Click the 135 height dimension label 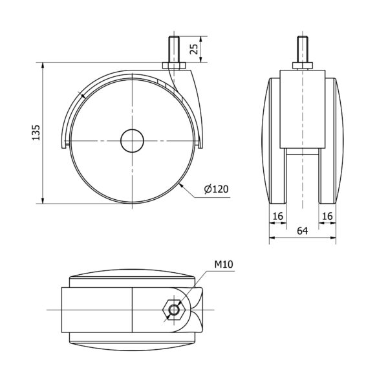click(36, 133)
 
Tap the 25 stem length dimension click(194, 49)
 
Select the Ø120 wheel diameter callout click(216, 189)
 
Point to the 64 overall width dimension click(303, 231)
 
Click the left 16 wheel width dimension click(277, 216)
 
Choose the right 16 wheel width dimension click(327, 216)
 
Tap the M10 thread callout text click(224, 264)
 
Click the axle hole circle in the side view click(132, 141)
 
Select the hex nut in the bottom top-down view click(174, 310)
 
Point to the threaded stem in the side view click(174, 49)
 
